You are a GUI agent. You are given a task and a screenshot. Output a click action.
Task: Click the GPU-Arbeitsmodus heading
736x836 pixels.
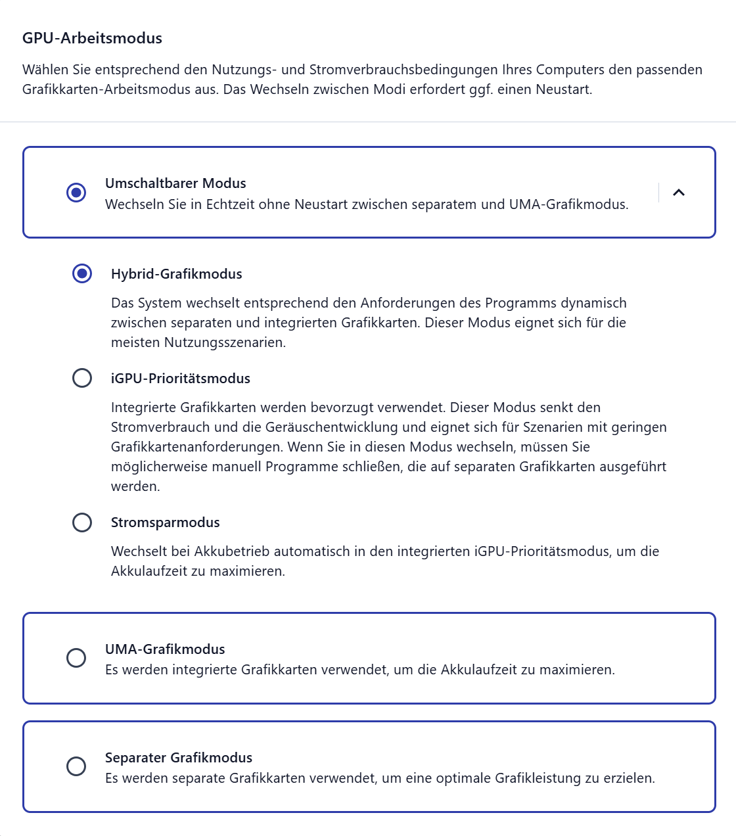(92, 38)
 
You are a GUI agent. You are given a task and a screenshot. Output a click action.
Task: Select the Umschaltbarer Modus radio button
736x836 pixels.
(76, 193)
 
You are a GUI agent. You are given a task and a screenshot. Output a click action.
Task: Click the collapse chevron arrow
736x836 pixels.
(679, 193)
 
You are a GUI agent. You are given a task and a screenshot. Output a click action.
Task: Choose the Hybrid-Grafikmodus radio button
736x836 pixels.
(82, 273)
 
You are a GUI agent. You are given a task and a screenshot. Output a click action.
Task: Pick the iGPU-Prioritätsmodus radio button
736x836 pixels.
(82, 378)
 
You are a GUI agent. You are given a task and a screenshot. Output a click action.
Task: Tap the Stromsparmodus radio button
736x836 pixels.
(82, 522)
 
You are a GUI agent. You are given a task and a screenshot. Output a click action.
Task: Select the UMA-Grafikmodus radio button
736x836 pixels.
(76, 658)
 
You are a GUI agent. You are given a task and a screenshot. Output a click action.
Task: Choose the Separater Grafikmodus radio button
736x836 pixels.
(76, 766)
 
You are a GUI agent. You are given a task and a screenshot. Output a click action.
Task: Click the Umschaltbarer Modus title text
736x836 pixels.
(175, 183)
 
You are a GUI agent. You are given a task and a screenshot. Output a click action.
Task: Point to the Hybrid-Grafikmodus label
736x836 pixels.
(176, 274)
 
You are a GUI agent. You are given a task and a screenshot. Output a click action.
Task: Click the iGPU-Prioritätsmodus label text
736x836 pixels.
(180, 379)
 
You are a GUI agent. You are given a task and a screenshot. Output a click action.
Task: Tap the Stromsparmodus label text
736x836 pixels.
(165, 522)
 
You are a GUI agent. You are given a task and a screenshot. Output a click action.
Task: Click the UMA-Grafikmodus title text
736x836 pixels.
(165, 649)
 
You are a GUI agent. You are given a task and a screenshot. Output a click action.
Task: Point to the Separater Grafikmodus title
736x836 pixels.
(179, 758)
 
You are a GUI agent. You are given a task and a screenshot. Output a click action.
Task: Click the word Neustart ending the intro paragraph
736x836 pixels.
(563, 89)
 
